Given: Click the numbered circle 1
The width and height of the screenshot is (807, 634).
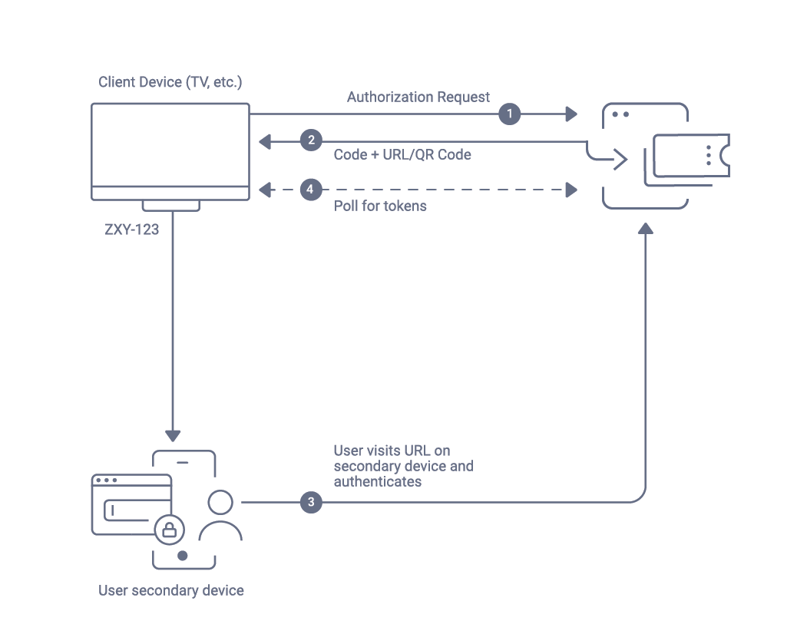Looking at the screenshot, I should coord(509,114).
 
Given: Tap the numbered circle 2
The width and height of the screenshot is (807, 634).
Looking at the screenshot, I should coord(310,140).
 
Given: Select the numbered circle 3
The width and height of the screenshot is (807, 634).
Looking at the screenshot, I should coord(310,503).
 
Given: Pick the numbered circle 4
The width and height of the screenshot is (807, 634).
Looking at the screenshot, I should coord(310,189).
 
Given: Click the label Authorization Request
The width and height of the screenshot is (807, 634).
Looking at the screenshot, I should coord(418,97).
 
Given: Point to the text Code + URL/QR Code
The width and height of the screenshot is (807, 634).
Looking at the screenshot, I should coord(402,154).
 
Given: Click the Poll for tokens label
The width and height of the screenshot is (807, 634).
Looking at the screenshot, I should coord(379,206).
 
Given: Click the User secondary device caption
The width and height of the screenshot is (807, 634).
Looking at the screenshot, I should coord(170,590).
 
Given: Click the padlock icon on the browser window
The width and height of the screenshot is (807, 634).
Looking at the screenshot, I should coord(169,529).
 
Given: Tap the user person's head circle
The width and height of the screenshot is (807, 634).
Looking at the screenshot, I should coord(220,501).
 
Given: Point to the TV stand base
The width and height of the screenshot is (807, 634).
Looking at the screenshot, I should coord(170,206).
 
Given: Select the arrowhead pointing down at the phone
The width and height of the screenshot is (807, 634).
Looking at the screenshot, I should coord(173,434).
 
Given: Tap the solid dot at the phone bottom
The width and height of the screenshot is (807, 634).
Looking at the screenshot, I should coord(182,555).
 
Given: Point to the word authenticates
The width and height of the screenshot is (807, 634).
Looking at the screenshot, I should coord(377,482).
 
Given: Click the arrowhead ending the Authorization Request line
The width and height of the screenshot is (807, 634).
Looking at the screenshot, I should coord(571,114).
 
